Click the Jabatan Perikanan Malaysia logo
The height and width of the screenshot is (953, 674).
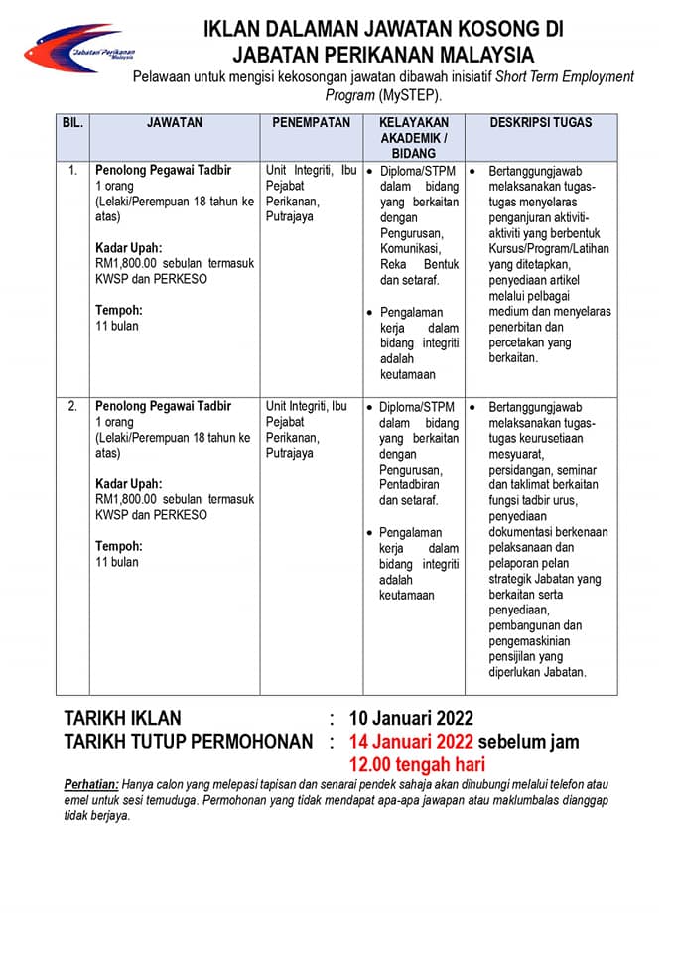(79, 49)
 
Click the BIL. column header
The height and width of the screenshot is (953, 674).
(72, 123)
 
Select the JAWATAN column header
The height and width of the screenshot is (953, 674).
(174, 123)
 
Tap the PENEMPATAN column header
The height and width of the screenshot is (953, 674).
(311, 123)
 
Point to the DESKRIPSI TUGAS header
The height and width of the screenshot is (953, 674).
(541, 123)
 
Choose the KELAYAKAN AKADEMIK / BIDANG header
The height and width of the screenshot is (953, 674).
(413, 138)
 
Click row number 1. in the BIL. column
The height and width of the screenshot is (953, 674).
(72, 171)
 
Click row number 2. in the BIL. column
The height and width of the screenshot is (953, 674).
(72, 407)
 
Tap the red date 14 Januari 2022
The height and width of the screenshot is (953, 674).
(411, 742)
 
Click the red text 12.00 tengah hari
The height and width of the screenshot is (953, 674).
(417, 764)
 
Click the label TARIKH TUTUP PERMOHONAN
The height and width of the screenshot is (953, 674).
(190, 742)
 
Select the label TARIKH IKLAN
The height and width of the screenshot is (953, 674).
(123, 718)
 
